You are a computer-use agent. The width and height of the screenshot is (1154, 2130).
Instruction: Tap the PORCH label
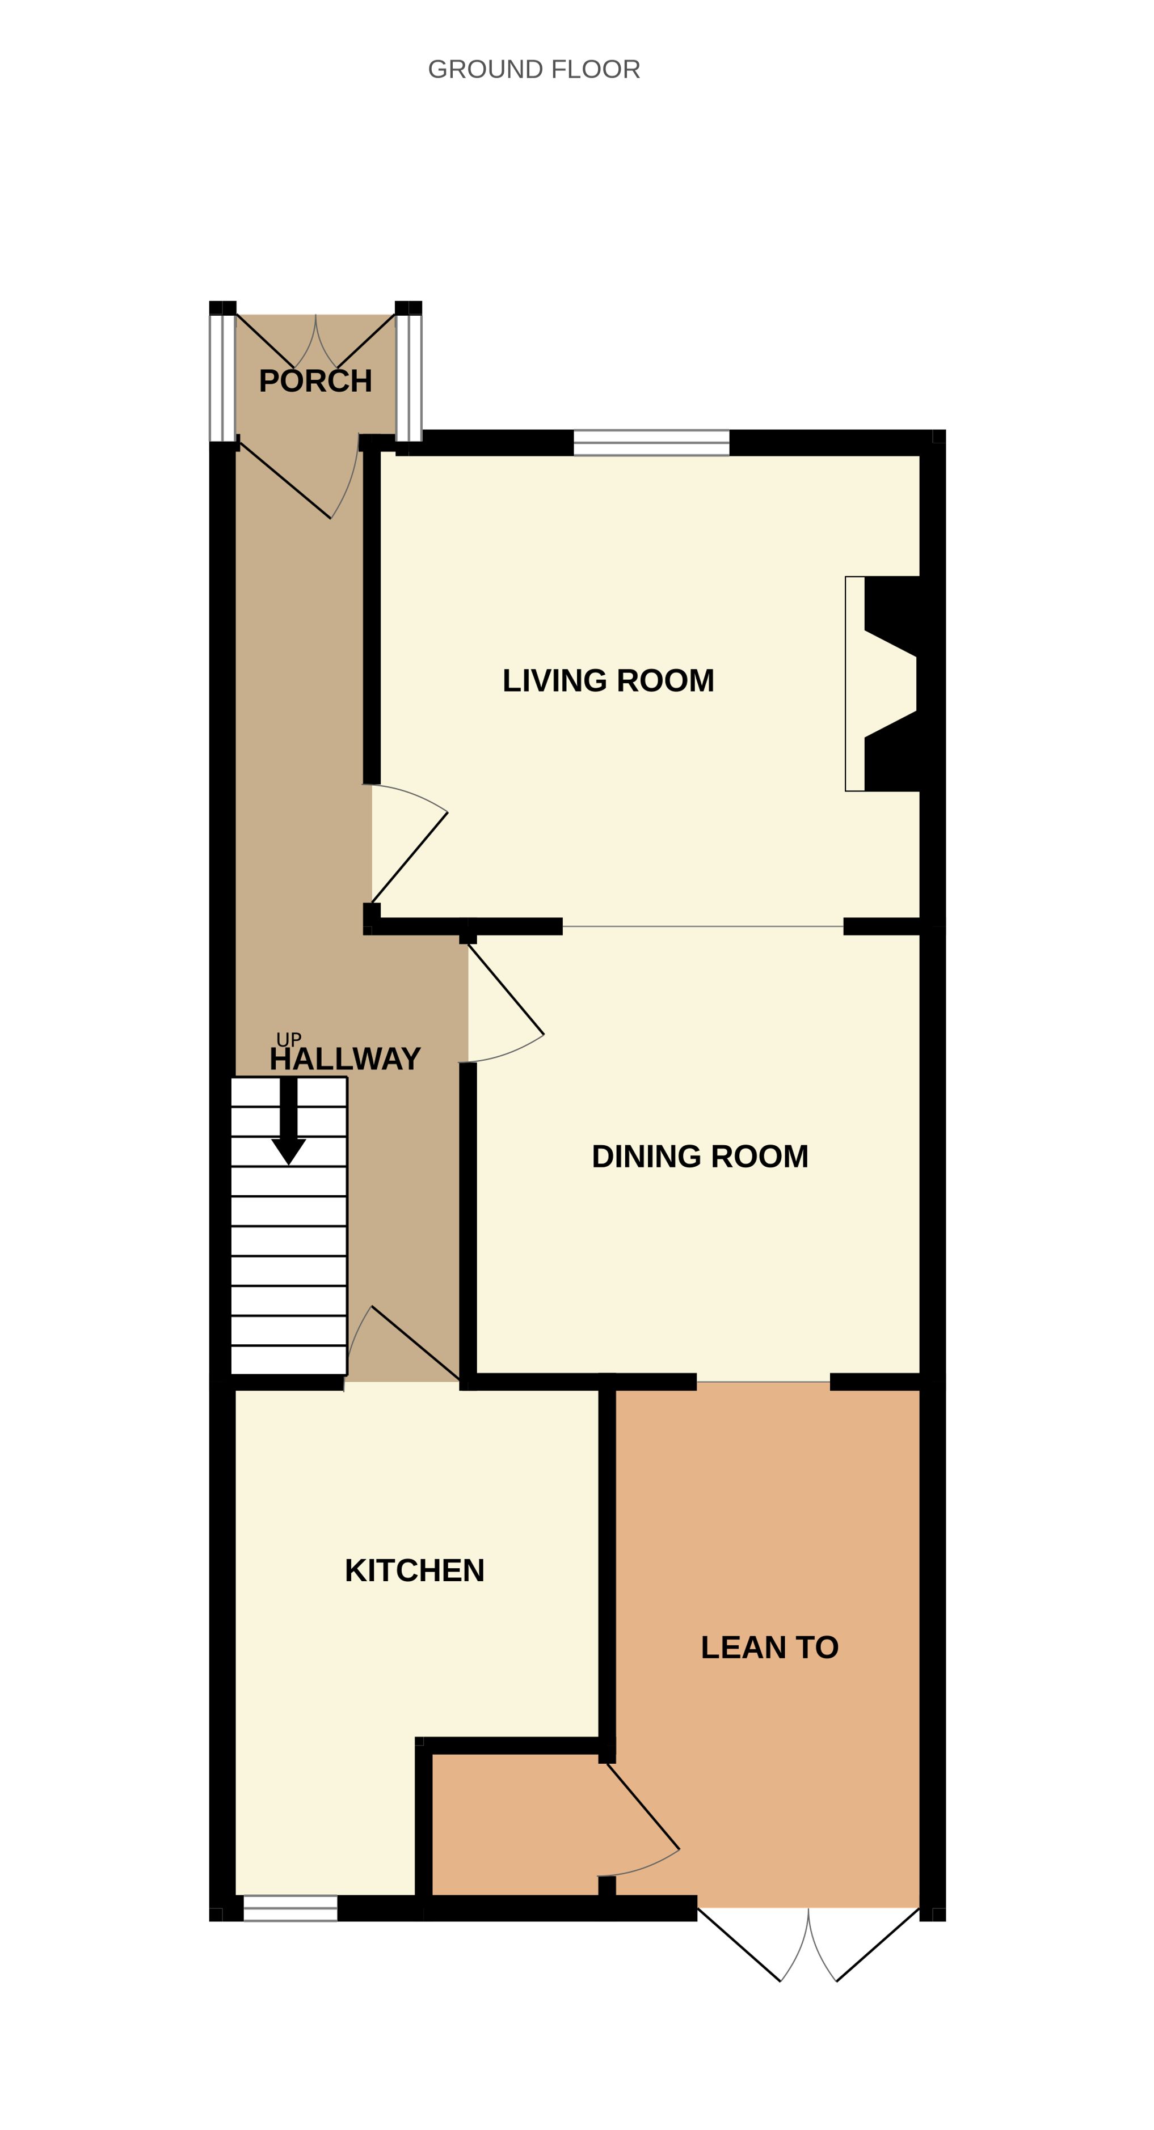click(x=315, y=381)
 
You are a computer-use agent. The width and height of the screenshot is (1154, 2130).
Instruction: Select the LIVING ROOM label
click(x=608, y=680)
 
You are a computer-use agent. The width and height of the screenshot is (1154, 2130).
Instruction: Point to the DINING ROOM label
click(x=700, y=1156)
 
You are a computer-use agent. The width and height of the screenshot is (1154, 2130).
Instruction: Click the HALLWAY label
click(x=345, y=1059)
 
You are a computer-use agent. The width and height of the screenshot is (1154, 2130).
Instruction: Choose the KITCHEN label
click(x=414, y=1570)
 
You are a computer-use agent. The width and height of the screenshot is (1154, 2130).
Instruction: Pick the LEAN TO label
click(x=769, y=1647)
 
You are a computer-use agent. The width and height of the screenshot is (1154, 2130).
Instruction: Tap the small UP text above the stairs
click(x=289, y=1039)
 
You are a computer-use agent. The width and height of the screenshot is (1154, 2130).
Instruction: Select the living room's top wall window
click(x=652, y=442)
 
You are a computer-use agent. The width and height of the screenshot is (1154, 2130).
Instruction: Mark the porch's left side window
click(x=222, y=378)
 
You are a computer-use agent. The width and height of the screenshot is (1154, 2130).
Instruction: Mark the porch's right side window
click(x=408, y=378)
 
